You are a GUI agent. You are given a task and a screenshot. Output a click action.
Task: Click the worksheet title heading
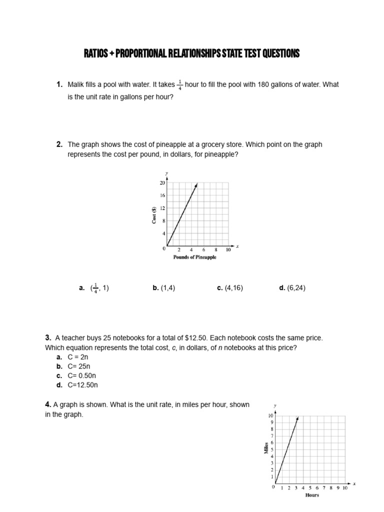pos(191,54)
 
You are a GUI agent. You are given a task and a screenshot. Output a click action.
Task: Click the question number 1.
pos(59,84)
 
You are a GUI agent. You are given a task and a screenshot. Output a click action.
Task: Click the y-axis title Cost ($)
pos(154,215)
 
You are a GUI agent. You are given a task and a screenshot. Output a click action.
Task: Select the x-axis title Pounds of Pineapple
pos(195,257)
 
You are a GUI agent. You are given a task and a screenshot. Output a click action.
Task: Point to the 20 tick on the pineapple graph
pos(162,183)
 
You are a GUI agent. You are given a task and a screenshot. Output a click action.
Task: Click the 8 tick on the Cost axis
pos(163,220)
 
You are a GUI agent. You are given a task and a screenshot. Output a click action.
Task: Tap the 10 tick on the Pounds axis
pos(228,249)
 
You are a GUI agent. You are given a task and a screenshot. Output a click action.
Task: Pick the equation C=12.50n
pos(83,384)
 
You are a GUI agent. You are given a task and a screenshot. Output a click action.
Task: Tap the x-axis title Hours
pos(312,495)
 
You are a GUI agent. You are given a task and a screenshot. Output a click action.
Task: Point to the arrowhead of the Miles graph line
pos(298,417)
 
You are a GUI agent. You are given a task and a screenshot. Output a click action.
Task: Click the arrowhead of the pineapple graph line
pos(196,184)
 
